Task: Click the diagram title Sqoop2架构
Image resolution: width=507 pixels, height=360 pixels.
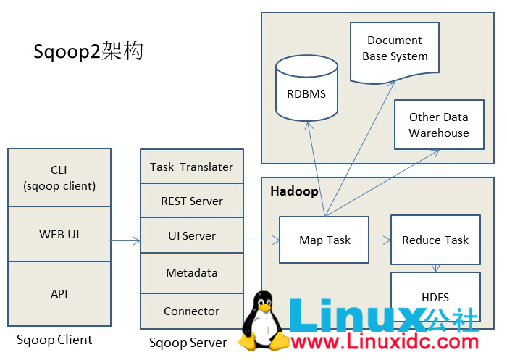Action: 88,52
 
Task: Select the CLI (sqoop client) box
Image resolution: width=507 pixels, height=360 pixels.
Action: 59,177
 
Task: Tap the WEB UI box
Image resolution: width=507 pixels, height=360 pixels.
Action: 59,234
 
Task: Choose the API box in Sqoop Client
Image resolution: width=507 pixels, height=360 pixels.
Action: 59,293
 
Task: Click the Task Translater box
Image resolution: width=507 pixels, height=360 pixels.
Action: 191,167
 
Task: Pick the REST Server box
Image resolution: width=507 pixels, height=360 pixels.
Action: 191,201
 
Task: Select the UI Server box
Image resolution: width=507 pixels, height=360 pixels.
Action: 191,235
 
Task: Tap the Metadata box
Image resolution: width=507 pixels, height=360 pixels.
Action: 191,273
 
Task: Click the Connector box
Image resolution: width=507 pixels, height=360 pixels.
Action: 191,311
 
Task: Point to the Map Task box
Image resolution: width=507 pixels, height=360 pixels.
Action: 324,240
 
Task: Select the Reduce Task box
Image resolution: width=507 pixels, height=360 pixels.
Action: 435,240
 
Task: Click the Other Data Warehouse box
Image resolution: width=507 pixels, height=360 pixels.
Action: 438,125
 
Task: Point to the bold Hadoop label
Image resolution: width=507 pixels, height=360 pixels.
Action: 294,191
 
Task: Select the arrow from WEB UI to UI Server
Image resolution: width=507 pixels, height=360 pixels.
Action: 126,240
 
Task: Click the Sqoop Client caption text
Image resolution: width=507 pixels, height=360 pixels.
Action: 54,340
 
